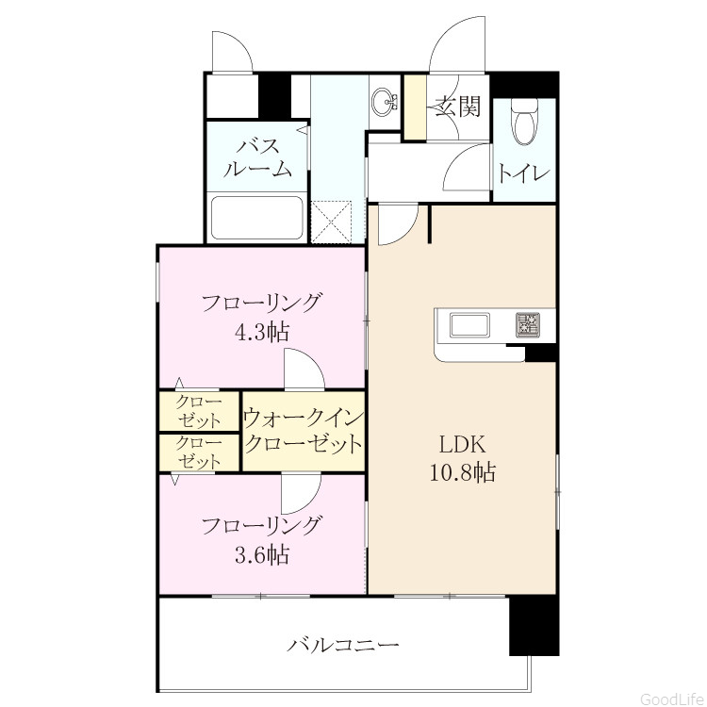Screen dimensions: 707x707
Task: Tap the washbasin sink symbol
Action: [385, 103]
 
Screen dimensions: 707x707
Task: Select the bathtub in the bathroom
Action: [256, 219]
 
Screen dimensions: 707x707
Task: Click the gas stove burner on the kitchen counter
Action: [529, 324]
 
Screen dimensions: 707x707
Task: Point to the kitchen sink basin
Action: [469, 324]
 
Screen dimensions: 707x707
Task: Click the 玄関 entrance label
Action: [457, 107]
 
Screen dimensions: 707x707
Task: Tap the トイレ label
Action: [523, 173]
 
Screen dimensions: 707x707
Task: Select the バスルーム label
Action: [258, 158]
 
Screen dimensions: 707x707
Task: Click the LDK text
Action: [463, 445]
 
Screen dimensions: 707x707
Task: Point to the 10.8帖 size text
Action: [463, 472]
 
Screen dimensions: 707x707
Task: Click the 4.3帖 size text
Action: [261, 333]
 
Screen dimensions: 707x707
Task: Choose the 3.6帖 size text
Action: [262, 554]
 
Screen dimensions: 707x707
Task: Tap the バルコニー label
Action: [343, 645]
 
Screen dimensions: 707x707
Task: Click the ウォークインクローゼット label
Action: [304, 431]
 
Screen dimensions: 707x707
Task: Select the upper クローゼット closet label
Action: [199, 411]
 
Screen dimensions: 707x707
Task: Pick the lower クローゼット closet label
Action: [199, 452]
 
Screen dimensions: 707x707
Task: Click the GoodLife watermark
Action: [673, 699]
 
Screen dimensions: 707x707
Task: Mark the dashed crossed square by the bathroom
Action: [332, 222]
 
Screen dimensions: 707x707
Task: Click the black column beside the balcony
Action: [534, 626]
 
